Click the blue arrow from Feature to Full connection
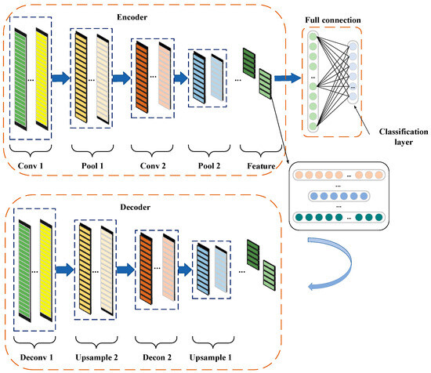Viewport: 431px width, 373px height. tap(288, 78)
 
